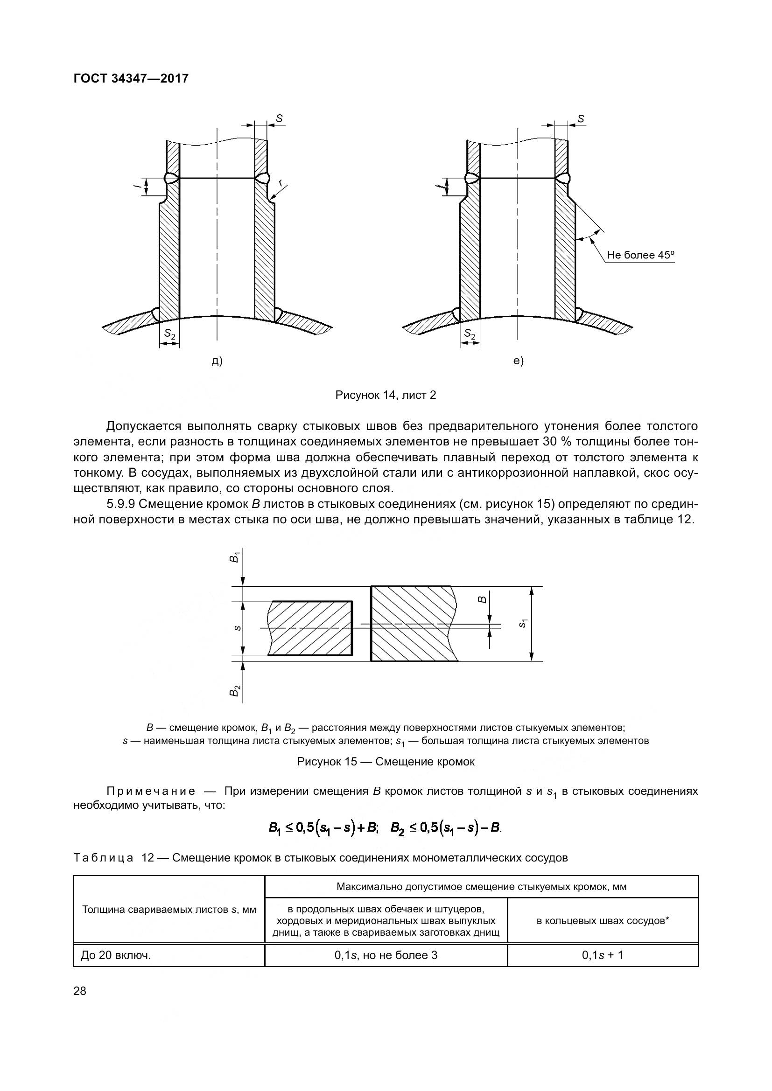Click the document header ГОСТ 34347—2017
click(131, 78)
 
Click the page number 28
click(80, 991)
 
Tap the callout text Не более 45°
click(640, 255)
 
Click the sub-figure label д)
click(217, 361)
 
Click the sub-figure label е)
click(518, 361)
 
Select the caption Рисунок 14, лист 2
click(386, 395)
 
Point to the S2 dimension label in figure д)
click(170, 334)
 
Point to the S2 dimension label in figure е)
click(470, 334)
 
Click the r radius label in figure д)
click(281, 182)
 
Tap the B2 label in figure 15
click(234, 691)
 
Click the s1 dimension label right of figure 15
click(523, 624)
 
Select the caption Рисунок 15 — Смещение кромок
click(386, 762)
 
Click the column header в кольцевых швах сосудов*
click(602, 921)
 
